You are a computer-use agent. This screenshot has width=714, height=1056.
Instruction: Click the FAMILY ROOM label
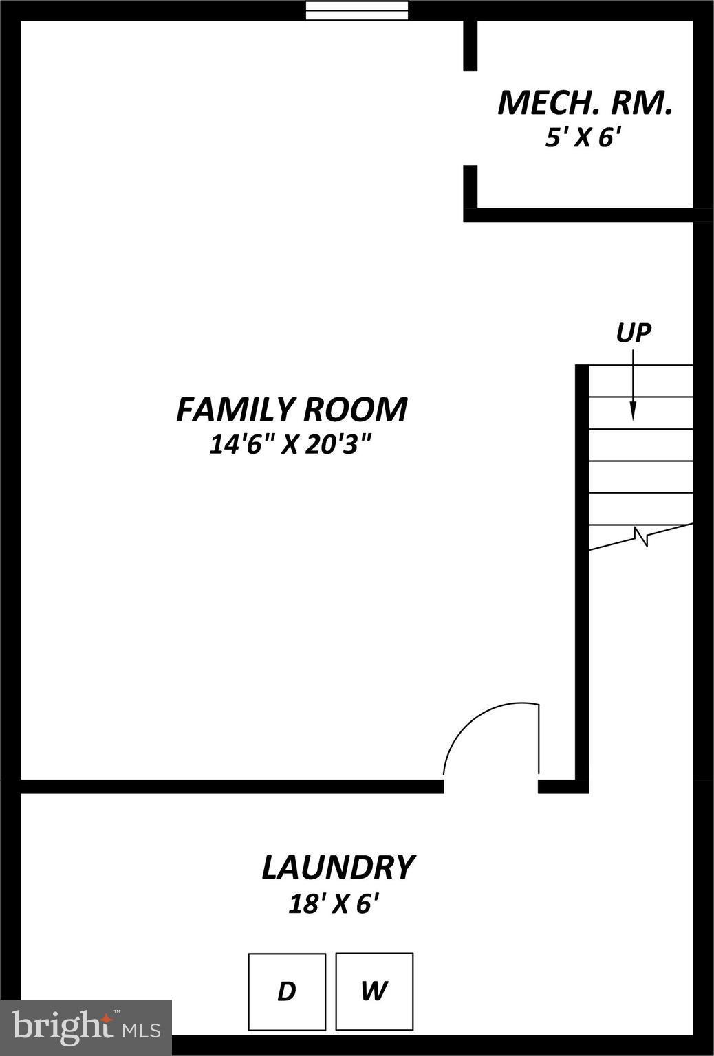tap(292, 410)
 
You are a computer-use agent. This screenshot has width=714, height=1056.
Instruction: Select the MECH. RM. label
tap(584, 103)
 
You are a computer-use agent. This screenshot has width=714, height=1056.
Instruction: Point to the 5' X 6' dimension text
tap(584, 138)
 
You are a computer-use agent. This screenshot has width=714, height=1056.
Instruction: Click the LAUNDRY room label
tap(338, 868)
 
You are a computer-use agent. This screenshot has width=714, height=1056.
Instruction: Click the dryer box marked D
tap(287, 991)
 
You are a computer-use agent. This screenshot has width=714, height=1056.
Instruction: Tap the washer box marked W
tap(374, 991)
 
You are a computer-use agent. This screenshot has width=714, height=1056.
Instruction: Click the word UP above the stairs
tap(633, 333)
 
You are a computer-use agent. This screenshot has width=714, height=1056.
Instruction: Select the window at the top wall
tap(356, 10)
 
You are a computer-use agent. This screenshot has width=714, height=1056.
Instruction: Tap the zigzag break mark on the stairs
tap(643, 536)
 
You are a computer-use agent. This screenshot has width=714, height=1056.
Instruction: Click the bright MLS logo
tap(86, 1027)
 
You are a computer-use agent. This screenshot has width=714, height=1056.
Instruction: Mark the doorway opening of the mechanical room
tap(470, 118)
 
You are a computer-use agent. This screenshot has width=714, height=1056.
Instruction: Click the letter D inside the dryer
tap(286, 991)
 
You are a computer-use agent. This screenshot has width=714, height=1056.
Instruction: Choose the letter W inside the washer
tap(374, 991)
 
